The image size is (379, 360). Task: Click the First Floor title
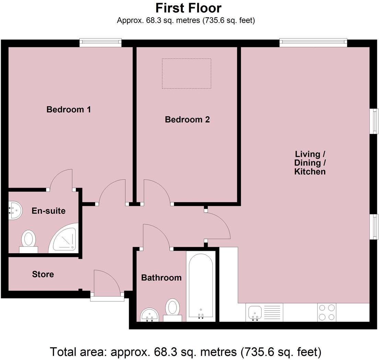188,8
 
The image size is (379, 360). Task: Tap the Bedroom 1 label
69,110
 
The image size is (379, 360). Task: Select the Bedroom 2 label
187,120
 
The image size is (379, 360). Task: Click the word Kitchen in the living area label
310,172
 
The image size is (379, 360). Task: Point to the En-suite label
48,211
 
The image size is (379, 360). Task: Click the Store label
43,274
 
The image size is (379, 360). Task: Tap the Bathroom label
161,277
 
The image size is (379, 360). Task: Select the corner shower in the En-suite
65,239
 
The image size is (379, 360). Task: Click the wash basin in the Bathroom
149,314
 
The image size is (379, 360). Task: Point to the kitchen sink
254,313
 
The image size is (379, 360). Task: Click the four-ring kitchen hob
326,312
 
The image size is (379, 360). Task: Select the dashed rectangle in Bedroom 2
186,73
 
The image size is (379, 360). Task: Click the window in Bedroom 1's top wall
101,43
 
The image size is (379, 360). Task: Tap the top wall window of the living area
313,43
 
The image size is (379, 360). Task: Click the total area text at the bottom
186,352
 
